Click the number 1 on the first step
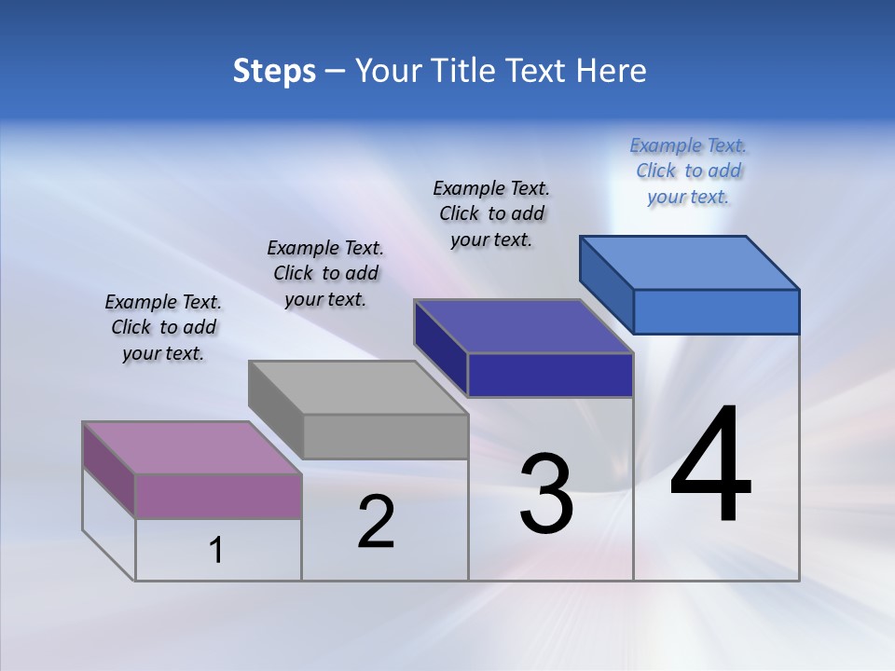(x=216, y=551)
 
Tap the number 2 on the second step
(x=376, y=522)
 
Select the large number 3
(x=546, y=494)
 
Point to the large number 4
(x=710, y=466)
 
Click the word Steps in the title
(x=274, y=71)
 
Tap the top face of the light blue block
(x=690, y=263)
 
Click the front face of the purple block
(x=218, y=496)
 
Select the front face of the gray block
(x=385, y=436)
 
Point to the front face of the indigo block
(x=550, y=375)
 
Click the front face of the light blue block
(x=716, y=311)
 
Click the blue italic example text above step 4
(x=688, y=171)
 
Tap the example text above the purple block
(x=163, y=327)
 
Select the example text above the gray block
(x=325, y=273)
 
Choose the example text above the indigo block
(x=491, y=213)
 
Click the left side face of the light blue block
(x=607, y=284)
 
